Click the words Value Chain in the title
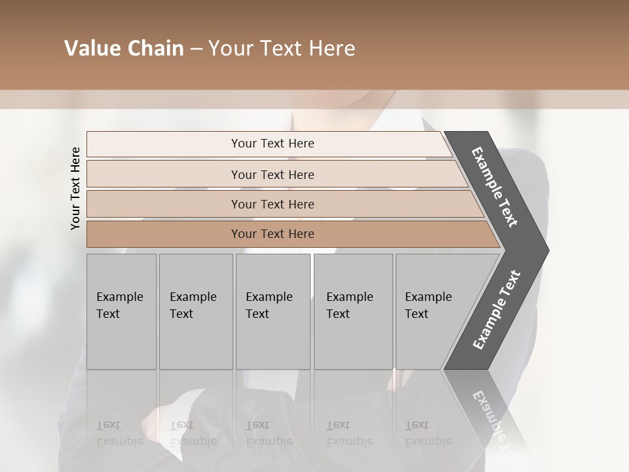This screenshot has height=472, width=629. coord(124,49)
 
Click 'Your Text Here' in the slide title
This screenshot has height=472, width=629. coord(282,49)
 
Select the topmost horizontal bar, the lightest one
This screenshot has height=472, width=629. coord(164,144)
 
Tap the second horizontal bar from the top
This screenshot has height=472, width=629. coord(164,174)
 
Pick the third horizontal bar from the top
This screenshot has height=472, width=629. coord(164,204)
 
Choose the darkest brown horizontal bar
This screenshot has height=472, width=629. coord(164,234)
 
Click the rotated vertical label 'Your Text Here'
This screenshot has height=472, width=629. coord(75,188)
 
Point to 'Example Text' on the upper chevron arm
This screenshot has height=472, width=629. coord(495,187)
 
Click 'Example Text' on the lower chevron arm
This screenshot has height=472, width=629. coord(496,310)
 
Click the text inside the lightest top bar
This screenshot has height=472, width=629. coord(273,144)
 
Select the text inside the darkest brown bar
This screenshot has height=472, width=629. coord(273,234)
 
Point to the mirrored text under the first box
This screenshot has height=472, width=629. coord(119,433)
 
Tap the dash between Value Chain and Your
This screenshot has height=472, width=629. coord(196,49)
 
